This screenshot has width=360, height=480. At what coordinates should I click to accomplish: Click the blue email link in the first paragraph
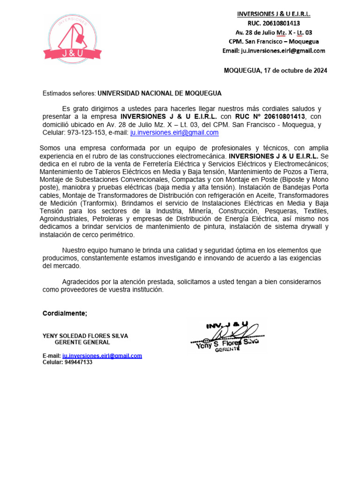click(x=174, y=133)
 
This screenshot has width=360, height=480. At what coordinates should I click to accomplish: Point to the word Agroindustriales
click(x=66, y=219)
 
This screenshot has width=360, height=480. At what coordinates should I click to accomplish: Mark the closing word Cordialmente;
click(x=65, y=314)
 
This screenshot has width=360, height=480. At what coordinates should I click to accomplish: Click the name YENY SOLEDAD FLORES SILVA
click(x=85, y=336)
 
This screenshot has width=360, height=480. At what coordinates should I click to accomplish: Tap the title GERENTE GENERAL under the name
click(x=82, y=343)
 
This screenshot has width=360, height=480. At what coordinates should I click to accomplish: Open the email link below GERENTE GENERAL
click(x=102, y=356)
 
